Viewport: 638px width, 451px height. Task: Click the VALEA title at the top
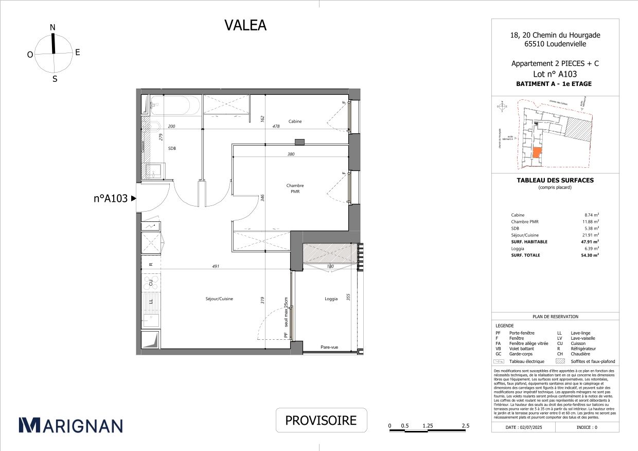coord(245,25)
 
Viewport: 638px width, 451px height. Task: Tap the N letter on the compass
coord(52,27)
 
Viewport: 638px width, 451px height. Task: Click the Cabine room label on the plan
coord(295,122)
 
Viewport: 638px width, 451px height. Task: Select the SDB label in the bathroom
coord(172,148)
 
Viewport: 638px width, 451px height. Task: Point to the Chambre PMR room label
coord(295,188)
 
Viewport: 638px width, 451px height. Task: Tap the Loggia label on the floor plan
coord(331,299)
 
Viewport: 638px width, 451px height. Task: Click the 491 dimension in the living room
coord(216,266)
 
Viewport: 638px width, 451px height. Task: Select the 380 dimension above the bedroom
coord(291,154)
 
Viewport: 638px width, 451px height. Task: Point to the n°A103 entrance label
coord(110,198)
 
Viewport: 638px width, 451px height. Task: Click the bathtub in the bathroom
coord(171,106)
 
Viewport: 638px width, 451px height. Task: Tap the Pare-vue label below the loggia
coord(329,348)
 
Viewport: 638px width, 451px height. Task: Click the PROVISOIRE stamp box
coord(321,420)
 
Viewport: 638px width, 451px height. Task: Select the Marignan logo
coord(71,425)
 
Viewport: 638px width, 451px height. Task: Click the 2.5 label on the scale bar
coord(466,426)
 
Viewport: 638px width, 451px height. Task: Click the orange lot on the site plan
coord(537,153)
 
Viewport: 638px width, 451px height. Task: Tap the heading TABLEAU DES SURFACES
coord(555,180)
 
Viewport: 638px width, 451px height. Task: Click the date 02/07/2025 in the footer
coord(524,427)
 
